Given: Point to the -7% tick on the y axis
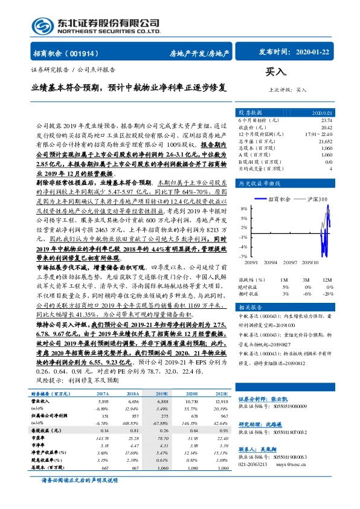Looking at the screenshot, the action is pos(243,257).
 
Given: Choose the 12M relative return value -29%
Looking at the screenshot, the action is pos(327,293).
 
